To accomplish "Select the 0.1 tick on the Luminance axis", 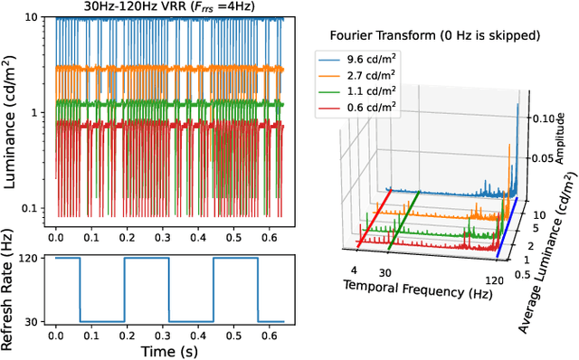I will (x=28, y=208).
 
